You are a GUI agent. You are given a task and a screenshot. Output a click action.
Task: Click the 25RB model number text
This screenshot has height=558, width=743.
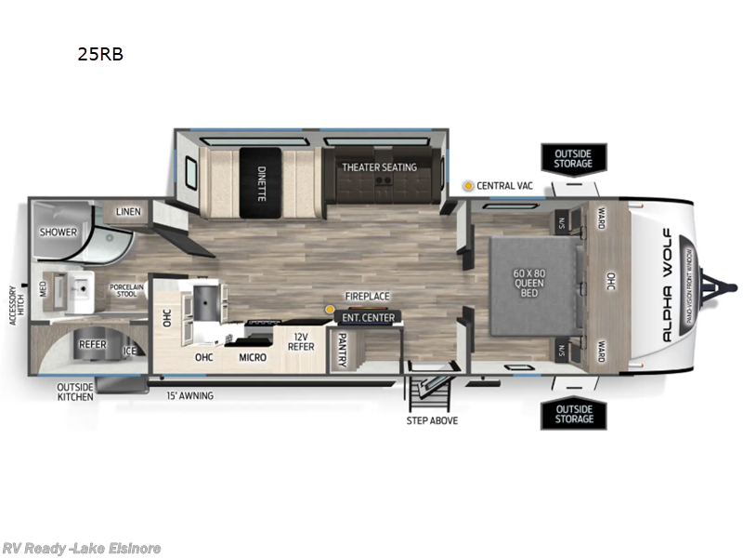(100, 54)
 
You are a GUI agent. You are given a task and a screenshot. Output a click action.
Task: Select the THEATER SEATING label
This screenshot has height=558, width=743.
(379, 167)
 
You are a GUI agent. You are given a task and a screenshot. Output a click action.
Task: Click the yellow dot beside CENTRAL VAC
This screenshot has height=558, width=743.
(469, 186)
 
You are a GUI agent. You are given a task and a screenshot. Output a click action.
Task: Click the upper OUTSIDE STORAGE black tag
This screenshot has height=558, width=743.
(573, 158)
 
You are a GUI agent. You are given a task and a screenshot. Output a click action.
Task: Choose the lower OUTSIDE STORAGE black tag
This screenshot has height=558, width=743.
(573, 414)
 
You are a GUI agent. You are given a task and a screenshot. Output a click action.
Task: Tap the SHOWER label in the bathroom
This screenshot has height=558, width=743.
(57, 231)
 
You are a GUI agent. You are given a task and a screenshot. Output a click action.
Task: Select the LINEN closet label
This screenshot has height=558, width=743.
(128, 212)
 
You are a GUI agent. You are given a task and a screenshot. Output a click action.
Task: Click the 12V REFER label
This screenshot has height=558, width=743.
(299, 342)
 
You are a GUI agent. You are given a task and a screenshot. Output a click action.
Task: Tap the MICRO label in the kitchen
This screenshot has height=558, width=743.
(252, 357)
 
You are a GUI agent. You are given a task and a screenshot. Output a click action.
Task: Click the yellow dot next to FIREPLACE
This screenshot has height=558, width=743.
(329, 308)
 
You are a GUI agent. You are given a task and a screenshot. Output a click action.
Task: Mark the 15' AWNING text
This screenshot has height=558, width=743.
(189, 395)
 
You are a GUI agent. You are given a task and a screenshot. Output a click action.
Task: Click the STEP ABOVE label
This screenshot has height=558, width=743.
(432, 420)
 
